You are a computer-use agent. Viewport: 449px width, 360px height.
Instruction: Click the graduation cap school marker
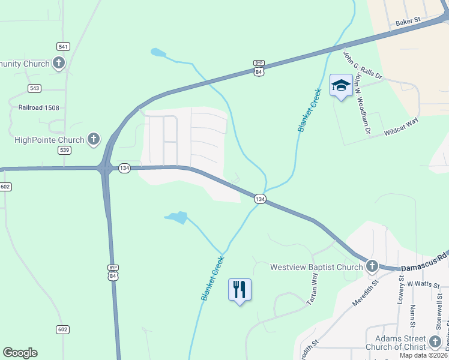coord(341,86)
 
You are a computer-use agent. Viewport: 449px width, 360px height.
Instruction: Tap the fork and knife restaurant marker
coord(240,290)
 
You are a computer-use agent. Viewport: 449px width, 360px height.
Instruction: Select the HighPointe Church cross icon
coord(94,140)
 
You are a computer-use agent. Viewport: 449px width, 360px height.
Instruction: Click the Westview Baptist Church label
coord(316,267)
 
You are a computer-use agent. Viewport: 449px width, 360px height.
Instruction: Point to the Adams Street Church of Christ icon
coord(435,342)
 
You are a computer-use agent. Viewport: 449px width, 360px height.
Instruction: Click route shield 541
coord(64,46)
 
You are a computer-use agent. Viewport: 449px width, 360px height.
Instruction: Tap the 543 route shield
coord(34,88)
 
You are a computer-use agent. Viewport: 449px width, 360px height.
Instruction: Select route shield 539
coord(64,150)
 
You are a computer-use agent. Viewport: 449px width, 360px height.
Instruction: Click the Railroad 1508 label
coord(39,108)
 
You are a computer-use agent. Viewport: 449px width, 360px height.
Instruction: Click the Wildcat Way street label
coord(401,128)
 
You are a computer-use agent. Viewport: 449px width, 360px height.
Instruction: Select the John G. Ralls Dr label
coord(363,65)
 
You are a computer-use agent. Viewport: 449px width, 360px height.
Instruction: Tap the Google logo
coord(20,353)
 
